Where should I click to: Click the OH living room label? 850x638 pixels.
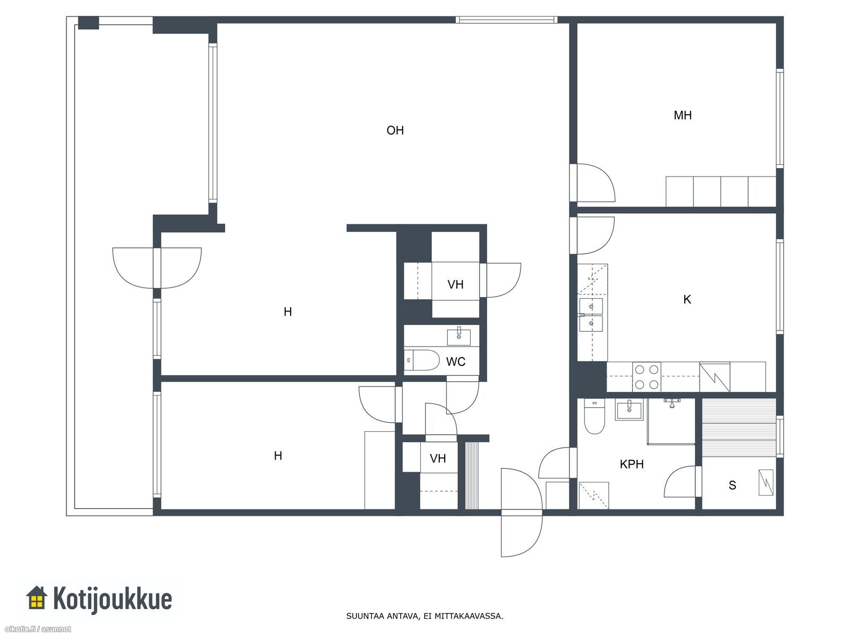(x=395, y=130)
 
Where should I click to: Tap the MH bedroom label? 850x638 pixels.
(x=683, y=115)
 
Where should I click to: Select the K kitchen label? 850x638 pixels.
(x=687, y=299)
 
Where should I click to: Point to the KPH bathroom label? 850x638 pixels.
(x=632, y=464)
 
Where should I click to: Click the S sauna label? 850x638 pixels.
(x=732, y=485)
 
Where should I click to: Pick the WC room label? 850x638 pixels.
(x=456, y=362)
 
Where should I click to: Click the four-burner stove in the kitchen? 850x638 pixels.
(x=647, y=377)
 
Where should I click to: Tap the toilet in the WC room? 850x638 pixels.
(x=421, y=360)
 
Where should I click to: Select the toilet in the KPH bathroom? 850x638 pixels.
(x=594, y=416)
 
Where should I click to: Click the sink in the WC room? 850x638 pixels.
(x=459, y=336)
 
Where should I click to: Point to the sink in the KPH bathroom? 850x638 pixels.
(x=630, y=410)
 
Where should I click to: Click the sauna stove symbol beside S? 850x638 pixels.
(x=766, y=482)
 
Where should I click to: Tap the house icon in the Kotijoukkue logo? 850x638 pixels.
(x=37, y=597)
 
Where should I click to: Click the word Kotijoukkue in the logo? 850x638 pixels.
(x=112, y=599)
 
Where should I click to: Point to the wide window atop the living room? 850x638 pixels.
(x=506, y=20)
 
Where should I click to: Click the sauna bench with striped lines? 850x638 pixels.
(x=739, y=427)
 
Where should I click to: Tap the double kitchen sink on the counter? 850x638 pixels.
(x=591, y=315)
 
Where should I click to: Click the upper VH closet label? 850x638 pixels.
(x=455, y=285)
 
